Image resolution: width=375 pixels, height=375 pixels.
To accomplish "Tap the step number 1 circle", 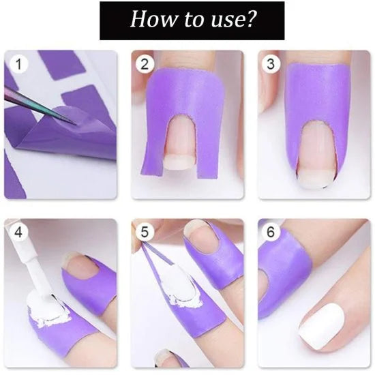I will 17,65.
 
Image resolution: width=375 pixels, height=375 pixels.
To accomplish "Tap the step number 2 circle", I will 144,65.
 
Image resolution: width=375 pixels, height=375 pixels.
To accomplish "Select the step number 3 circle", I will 271,65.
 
